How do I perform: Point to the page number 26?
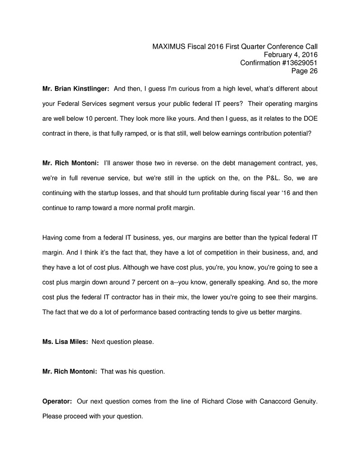coord(313,71)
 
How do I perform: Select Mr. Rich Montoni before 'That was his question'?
coord(69,371)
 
